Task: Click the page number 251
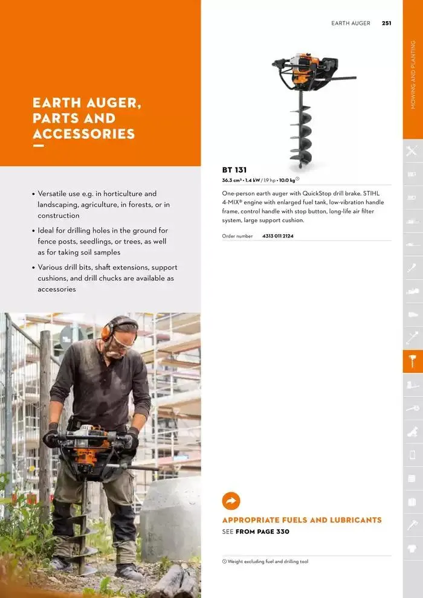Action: [x=386, y=24]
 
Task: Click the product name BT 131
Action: [x=234, y=170]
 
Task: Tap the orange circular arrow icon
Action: [x=231, y=501]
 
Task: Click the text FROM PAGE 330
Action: [x=262, y=532]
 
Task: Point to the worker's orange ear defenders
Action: [x=108, y=330]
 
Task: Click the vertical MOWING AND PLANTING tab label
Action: [x=413, y=75]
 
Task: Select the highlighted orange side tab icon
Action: [x=413, y=361]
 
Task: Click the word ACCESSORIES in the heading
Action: [x=83, y=133]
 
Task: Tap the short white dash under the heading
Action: [x=38, y=146]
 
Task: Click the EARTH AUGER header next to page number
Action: [x=350, y=24]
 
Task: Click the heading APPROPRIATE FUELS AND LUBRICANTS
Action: [x=302, y=520]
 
